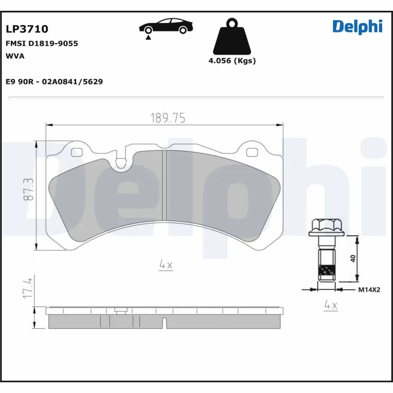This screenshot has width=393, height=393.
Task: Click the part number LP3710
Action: pos(27,30)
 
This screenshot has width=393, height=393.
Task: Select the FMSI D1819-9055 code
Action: pos(42,43)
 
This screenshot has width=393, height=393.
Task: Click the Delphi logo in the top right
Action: pos(357,26)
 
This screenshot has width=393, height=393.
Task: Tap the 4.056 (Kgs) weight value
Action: pos(232,61)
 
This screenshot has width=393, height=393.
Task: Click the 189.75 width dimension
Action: pos(167,118)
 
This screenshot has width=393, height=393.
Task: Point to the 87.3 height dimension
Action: pos(30,189)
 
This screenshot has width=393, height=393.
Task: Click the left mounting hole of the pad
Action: pos(77,152)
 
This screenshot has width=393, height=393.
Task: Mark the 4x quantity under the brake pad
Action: pos(166,265)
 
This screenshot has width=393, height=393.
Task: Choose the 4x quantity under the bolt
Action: pos(331,305)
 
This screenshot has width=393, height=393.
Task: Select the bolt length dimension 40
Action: pos(353,258)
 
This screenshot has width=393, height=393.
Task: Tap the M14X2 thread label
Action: pos(368,290)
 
